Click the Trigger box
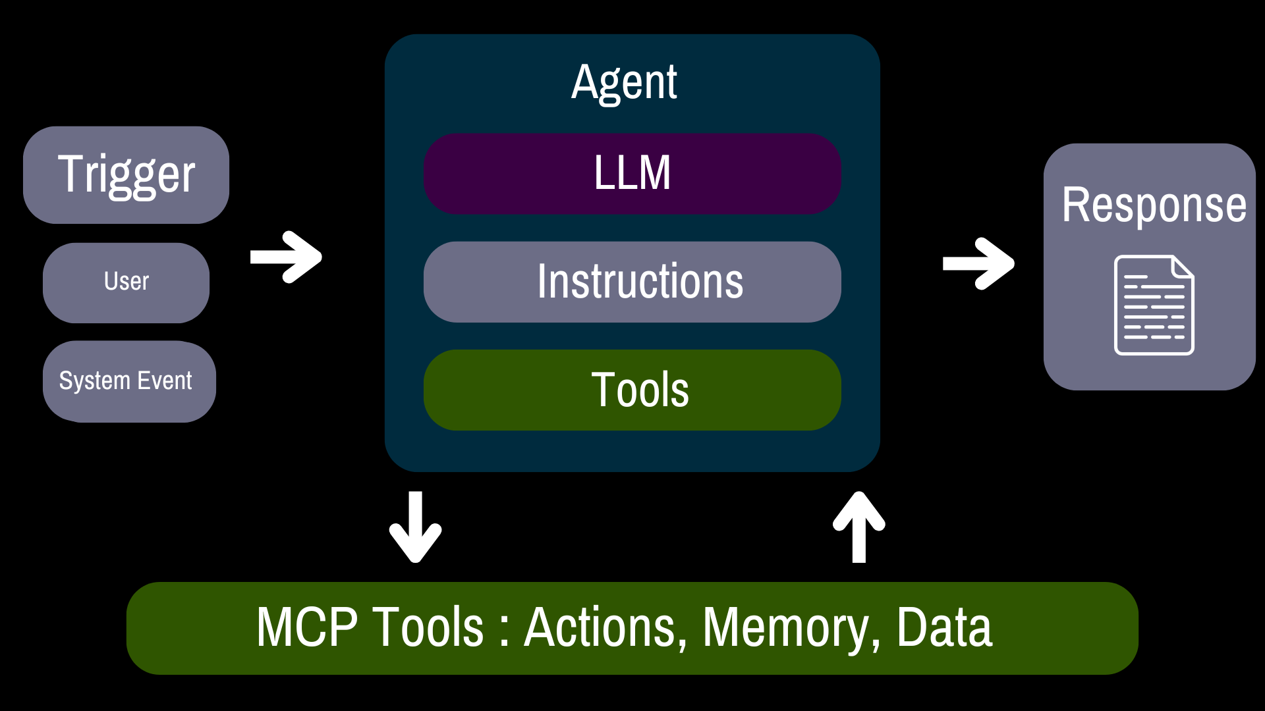point(126,175)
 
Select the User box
point(126,283)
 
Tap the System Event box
point(129,381)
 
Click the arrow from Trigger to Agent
point(286,257)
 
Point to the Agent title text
point(624,83)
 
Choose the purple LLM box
point(632,174)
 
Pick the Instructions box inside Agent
point(632,282)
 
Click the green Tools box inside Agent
point(632,390)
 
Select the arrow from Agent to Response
point(978,263)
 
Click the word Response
point(1154,205)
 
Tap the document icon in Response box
point(1154,305)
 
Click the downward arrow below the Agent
point(415,527)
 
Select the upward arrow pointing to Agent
point(858,527)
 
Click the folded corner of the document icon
point(1183,267)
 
